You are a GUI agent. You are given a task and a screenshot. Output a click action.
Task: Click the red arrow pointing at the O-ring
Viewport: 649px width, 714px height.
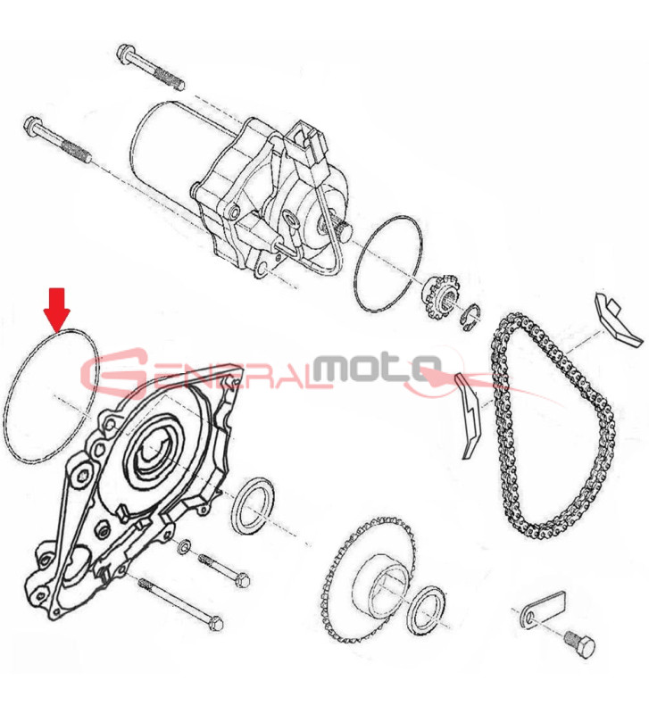pos(57,310)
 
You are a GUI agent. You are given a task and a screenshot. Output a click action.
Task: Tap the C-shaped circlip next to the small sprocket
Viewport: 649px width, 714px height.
pos(470,317)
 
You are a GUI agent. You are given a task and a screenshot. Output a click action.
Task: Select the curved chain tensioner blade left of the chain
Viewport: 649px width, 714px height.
pos(469,415)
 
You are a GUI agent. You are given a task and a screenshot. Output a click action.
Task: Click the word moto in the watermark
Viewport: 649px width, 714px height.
pos(377,369)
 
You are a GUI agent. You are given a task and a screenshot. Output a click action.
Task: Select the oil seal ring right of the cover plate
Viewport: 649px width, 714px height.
pos(253,505)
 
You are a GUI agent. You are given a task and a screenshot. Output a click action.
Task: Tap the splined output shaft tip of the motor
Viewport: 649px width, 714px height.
pos(345,228)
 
